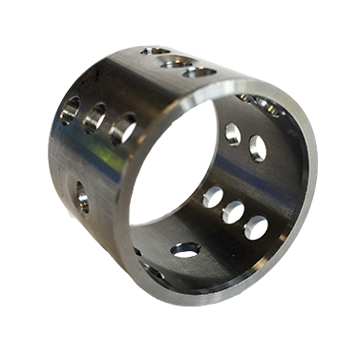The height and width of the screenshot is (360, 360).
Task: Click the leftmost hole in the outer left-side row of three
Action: [70, 111]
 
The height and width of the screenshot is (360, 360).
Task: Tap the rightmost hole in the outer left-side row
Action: [122, 128]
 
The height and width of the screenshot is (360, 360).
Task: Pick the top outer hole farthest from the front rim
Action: [155, 52]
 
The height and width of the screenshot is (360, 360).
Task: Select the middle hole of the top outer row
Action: [175, 60]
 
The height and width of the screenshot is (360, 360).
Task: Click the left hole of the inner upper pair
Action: [232, 134]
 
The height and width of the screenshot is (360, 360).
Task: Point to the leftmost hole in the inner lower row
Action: [213, 197]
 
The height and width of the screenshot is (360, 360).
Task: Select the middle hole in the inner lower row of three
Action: [233, 212]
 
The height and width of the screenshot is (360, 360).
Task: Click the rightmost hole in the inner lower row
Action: [256, 227]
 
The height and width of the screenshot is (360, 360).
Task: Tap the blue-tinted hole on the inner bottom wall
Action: [185, 249]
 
